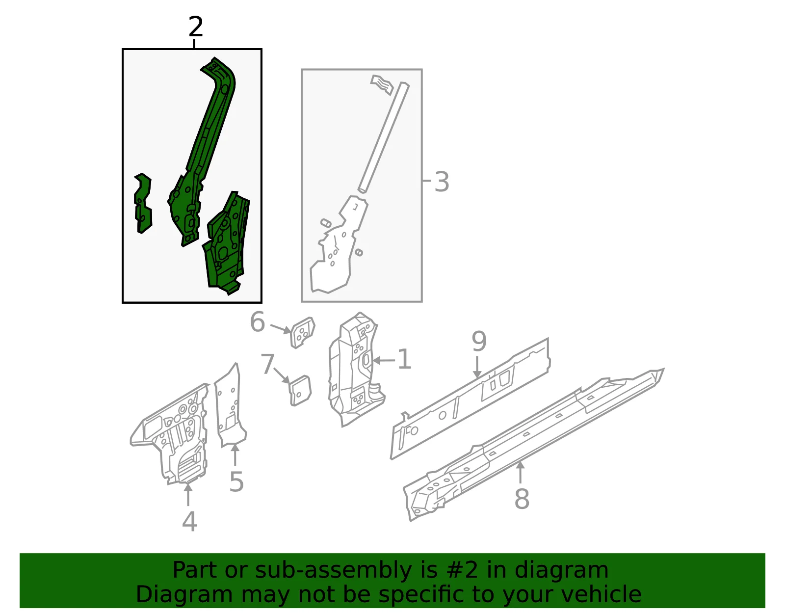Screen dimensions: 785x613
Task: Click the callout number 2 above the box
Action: [x=196, y=27]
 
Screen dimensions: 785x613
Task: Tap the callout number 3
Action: [x=442, y=182]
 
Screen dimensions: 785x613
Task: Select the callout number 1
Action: [x=404, y=359]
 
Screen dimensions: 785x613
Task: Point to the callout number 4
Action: [x=190, y=522]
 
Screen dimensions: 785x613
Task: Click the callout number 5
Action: [x=236, y=481]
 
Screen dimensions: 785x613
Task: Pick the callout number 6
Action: [x=258, y=322]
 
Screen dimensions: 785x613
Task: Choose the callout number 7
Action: [x=267, y=364]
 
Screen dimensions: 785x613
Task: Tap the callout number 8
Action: [x=522, y=499]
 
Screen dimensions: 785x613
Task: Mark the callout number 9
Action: [x=479, y=342]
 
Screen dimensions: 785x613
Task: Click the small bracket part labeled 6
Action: [x=303, y=332]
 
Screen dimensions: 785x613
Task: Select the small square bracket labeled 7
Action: [x=300, y=391]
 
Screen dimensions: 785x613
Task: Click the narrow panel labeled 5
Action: [x=230, y=406]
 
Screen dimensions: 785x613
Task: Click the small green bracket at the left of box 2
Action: [x=143, y=203]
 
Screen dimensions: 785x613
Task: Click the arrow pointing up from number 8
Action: [x=520, y=472]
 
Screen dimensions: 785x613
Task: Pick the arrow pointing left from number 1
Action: [x=384, y=360]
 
